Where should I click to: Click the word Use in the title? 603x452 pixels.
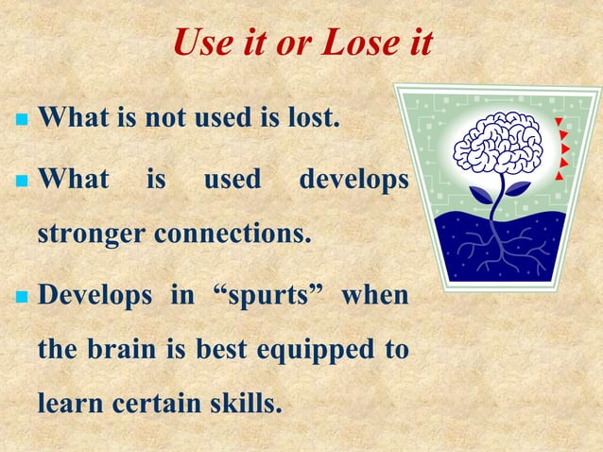click(x=203, y=43)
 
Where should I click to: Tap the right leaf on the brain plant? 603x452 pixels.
click(x=517, y=188)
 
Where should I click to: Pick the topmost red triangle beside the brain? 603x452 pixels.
click(x=560, y=122)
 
